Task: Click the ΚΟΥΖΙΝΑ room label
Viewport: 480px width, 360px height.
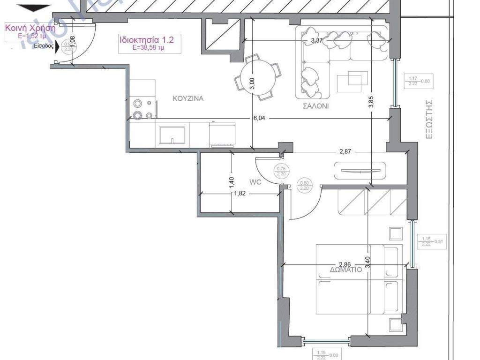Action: point(188,98)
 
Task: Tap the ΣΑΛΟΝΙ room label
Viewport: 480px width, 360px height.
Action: point(315,106)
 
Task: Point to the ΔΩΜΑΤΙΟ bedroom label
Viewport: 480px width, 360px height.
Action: point(345,270)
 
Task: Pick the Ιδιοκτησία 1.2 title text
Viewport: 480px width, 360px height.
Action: point(146,40)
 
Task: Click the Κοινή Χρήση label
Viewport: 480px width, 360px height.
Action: point(30,28)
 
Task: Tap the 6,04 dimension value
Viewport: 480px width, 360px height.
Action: point(259,119)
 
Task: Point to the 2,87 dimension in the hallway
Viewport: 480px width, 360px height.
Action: point(345,152)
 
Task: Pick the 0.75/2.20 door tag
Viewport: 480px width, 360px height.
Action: point(281,171)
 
